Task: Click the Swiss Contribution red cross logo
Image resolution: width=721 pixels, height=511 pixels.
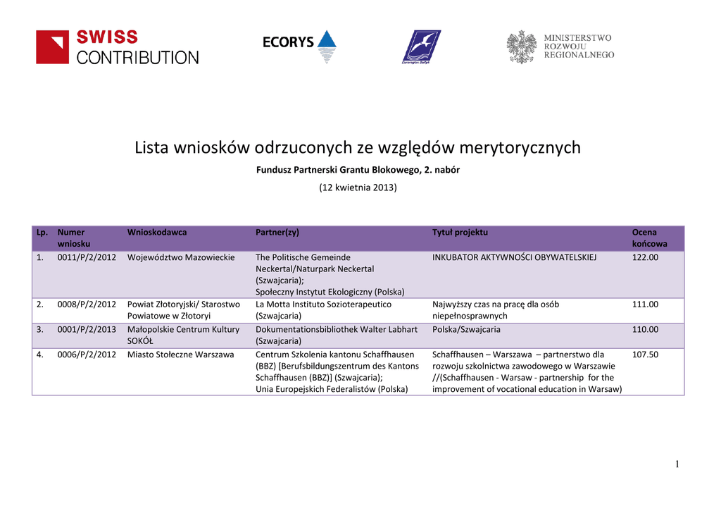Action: coord(53,47)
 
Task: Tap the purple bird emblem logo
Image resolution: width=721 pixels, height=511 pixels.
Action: coord(421,47)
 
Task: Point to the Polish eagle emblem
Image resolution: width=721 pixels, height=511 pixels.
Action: coord(522,47)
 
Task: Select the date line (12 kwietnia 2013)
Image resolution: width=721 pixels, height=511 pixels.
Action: coord(358,187)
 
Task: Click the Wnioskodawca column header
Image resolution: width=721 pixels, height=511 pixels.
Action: coord(157,232)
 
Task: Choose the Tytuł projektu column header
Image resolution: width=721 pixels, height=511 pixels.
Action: coord(460,232)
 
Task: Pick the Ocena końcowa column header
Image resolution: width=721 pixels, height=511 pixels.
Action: coord(649,238)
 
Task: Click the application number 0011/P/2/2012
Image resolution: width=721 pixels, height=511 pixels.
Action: coord(87,257)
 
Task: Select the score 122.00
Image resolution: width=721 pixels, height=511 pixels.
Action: coord(645,257)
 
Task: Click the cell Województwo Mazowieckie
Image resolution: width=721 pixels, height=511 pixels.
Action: coord(181,257)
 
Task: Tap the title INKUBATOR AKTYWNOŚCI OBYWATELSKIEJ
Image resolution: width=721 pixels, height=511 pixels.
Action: coord(515,257)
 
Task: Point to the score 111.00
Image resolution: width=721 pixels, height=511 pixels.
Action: coord(645,304)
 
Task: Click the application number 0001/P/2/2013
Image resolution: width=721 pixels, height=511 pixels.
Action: coord(87,329)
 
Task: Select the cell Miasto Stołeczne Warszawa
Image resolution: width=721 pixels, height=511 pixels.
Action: coord(180,355)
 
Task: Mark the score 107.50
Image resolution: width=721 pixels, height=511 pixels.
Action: coord(645,355)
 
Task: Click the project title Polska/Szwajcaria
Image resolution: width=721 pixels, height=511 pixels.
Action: coord(466,329)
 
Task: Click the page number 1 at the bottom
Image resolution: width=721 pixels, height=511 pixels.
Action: coord(677,464)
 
